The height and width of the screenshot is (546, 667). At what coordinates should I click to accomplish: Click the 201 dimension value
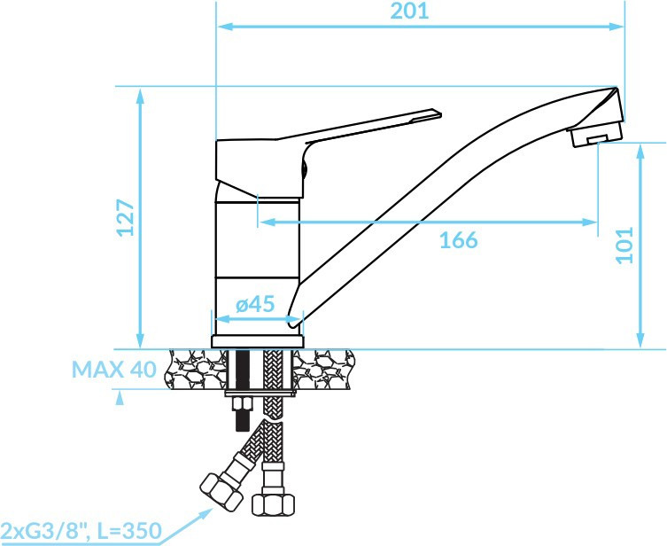click(x=409, y=11)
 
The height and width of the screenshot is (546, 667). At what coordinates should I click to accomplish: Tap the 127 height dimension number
click(x=126, y=217)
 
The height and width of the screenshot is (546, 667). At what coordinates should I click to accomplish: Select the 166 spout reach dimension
click(x=458, y=240)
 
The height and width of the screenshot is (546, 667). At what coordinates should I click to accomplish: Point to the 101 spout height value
click(x=624, y=246)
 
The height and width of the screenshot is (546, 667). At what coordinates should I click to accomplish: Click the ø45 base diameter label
click(x=255, y=304)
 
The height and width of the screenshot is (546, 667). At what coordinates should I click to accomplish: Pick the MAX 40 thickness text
click(x=114, y=370)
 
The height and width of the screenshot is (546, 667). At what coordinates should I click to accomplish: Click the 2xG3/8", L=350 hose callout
click(x=81, y=531)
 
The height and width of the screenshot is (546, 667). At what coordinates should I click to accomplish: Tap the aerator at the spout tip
click(x=596, y=133)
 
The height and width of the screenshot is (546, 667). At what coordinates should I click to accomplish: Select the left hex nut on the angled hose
click(x=221, y=492)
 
